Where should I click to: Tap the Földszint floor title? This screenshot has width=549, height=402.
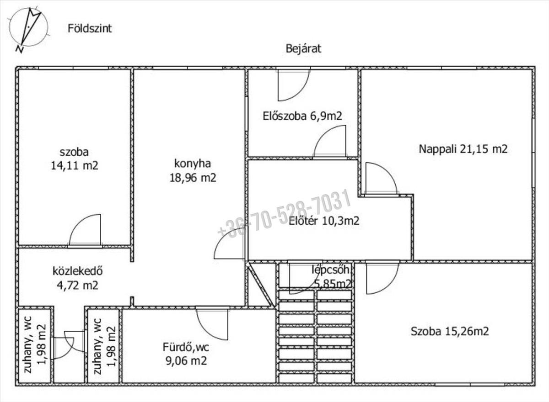(x=90, y=29)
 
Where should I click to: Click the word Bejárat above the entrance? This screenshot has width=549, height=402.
(x=303, y=49)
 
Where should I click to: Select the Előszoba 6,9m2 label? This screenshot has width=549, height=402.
(x=302, y=116)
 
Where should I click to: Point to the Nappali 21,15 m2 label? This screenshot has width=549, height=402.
(x=463, y=149)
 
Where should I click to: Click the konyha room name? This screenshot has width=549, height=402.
(x=193, y=164)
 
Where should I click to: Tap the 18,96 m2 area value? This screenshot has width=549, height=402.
(x=193, y=178)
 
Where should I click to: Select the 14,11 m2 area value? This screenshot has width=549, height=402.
(x=74, y=166)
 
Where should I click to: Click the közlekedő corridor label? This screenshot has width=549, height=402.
(x=77, y=271)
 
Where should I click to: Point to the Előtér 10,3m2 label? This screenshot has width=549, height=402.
(x=324, y=221)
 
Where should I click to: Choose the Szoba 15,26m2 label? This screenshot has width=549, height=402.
(x=450, y=332)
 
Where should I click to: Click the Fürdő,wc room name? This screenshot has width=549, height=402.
(x=186, y=347)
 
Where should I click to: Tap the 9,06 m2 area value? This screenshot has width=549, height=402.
(x=186, y=361)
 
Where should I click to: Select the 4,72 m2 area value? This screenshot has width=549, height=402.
(x=77, y=285)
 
